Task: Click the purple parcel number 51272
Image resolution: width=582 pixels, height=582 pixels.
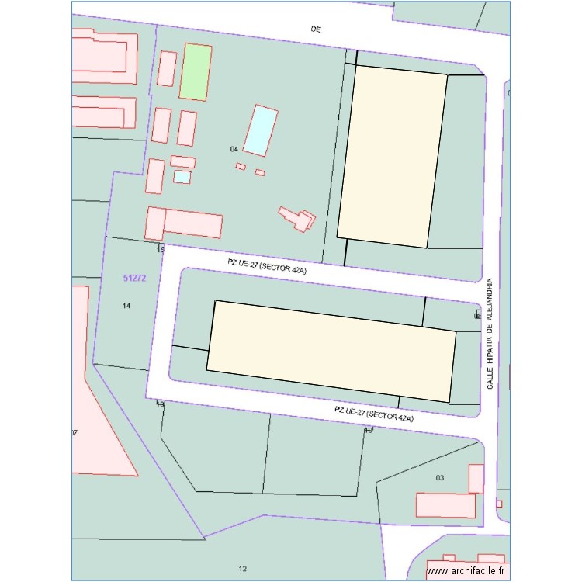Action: pos(135,277)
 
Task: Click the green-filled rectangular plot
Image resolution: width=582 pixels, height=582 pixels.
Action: pos(196,71)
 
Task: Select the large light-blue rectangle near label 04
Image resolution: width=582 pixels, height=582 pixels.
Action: pos(261,130)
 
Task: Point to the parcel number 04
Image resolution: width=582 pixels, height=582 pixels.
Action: pos(234,148)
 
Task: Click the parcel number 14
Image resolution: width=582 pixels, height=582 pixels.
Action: pos(127,306)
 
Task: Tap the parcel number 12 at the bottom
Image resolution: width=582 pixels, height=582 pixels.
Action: pos(243,569)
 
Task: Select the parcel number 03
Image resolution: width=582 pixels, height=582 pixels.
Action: pos(439,478)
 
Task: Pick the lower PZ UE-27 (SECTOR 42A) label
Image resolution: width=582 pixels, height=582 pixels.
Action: pos(374,413)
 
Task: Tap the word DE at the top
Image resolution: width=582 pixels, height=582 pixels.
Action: pos(316,29)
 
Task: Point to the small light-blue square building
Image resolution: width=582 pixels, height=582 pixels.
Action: pos(182,177)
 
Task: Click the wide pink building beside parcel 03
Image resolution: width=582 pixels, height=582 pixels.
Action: pos(445,505)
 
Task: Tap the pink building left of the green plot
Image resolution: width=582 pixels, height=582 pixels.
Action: pos(166,68)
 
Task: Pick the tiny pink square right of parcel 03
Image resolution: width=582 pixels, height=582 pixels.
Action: pos(499,504)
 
